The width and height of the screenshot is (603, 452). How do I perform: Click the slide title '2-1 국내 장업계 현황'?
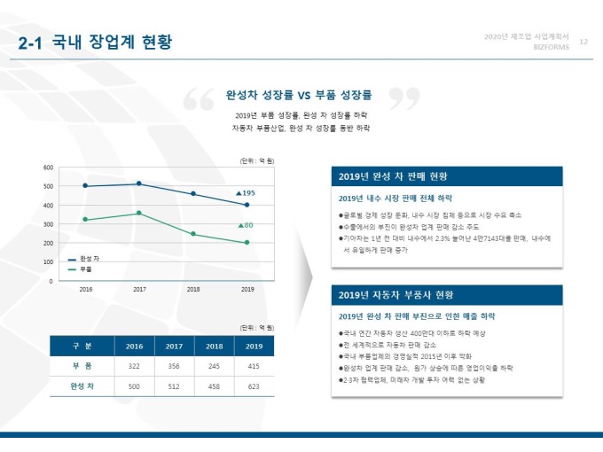pyautogui.click(x=96, y=42)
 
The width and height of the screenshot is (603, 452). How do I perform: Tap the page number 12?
pyautogui.click(x=583, y=42)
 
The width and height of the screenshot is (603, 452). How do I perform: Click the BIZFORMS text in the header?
pyautogui.click(x=551, y=48)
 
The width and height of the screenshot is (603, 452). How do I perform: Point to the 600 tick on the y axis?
pyautogui.click(x=49, y=167)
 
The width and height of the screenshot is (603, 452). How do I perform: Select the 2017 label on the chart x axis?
pyautogui.click(x=139, y=289)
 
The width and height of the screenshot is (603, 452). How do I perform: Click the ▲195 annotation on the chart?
pyautogui.click(x=246, y=192)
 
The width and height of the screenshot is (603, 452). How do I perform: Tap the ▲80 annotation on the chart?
pyautogui.click(x=246, y=225)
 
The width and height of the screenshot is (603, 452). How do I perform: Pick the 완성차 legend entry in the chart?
pyautogui.click(x=85, y=258)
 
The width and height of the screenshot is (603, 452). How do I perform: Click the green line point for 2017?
pyautogui.click(x=139, y=213)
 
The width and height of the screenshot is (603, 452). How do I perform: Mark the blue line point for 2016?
pyautogui.click(x=85, y=186)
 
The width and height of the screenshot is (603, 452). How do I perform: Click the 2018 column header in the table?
pyautogui.click(x=214, y=347)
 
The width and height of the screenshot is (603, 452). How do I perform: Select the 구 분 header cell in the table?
pyautogui.click(x=82, y=347)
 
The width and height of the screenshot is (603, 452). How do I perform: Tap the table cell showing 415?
pyautogui.click(x=254, y=366)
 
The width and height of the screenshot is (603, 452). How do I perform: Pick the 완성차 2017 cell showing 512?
pyautogui.click(x=174, y=386)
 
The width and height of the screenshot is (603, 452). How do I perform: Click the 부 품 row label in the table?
pyautogui.click(x=82, y=366)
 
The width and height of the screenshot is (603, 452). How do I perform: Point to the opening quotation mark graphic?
pyautogui.click(x=199, y=99)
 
